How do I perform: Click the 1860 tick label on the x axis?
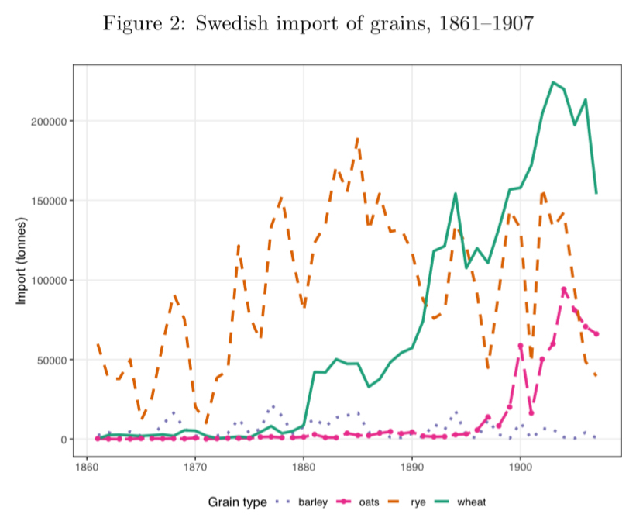pos(86,469)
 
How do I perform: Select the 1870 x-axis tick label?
pos(194,469)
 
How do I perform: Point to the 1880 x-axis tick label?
pos(303,469)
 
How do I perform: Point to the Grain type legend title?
pos(237,502)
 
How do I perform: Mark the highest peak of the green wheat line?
pos(552,82)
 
